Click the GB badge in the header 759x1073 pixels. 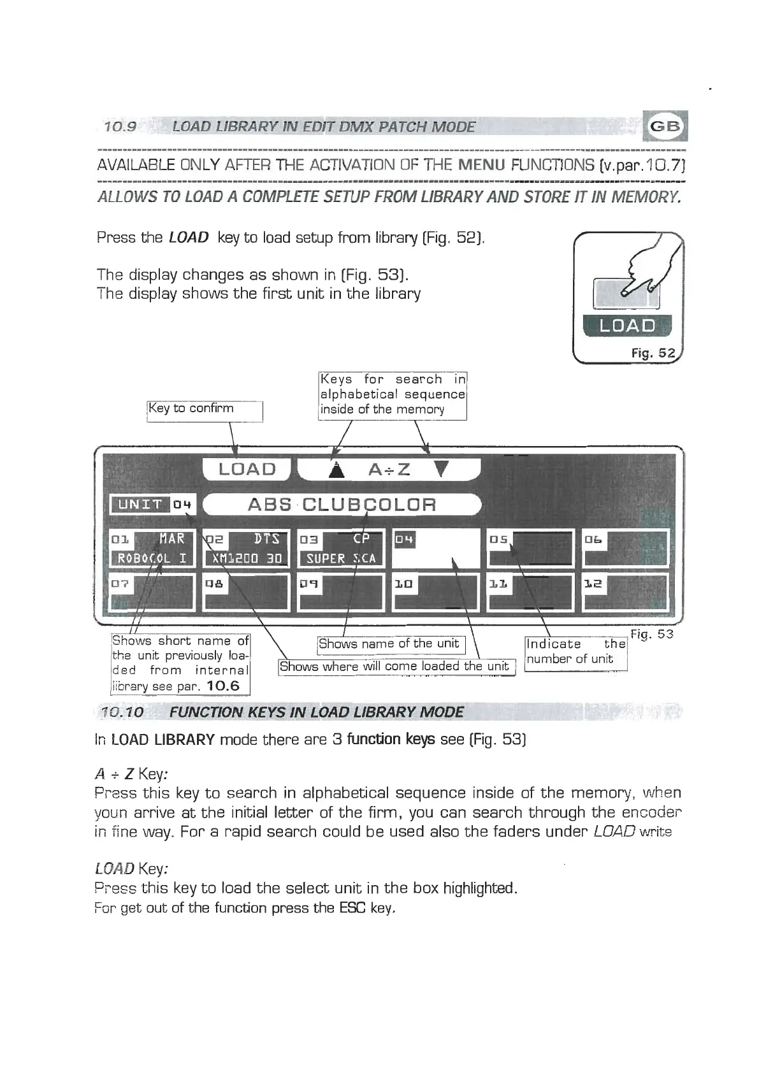pos(666,126)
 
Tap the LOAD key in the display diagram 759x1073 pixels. pos(247,470)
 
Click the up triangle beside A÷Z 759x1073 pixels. pos(336,470)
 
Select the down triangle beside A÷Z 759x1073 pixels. pos(441,470)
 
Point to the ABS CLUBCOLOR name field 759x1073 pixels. pos(342,505)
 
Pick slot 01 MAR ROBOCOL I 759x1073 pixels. pos(152,549)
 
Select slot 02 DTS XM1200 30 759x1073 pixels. pos(246,549)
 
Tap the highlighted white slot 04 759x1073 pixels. pos(436,549)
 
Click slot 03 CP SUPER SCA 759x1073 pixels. pos(341,549)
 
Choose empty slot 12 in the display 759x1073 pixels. pos(625,593)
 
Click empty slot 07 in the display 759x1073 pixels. pos(152,593)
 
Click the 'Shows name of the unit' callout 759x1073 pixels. pos(391,644)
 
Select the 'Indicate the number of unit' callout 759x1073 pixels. pos(575,652)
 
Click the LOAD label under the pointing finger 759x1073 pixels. pos(627,326)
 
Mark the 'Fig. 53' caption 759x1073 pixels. pos(651,634)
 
